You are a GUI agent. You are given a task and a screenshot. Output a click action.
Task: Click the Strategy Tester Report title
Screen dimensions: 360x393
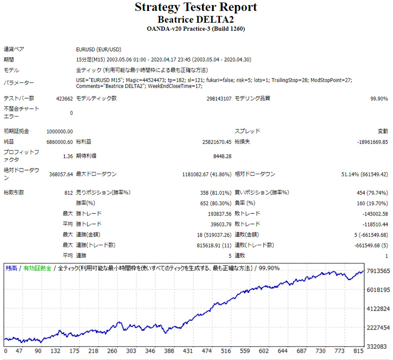[196, 7]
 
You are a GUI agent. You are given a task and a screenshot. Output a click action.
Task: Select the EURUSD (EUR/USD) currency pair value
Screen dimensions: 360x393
[98, 49]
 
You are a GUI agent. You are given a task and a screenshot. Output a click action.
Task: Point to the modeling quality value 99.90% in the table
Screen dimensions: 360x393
[379, 99]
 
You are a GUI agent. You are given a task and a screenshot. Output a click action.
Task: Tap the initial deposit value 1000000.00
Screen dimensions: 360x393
[60, 131]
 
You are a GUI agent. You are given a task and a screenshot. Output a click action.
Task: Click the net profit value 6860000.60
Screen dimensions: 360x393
[60, 142]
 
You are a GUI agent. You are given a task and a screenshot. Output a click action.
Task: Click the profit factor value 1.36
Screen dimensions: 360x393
[68, 156]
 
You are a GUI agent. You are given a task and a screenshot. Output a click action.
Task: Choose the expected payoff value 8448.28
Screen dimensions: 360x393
[222, 156]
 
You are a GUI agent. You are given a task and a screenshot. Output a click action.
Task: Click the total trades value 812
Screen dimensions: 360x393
[68, 192]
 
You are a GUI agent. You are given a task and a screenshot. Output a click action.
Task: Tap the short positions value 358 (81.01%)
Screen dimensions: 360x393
[215, 192]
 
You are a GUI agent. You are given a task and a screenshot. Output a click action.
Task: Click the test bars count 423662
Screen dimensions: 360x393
[65, 99]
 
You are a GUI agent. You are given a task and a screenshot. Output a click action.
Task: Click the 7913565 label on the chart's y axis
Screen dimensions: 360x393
[378, 271]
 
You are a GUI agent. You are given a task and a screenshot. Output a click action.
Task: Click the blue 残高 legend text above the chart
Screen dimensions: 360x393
[11, 268]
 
